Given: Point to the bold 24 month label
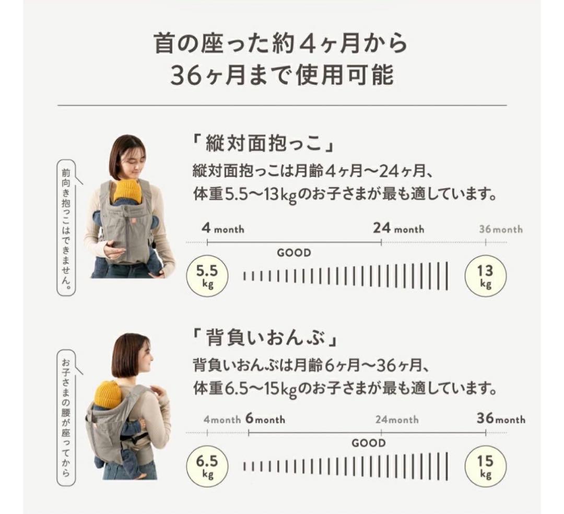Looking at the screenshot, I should pos(398,228).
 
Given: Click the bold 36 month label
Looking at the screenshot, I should pos(501,419).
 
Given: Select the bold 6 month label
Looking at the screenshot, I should pos(264,419).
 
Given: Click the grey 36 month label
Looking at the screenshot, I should pos(500,229).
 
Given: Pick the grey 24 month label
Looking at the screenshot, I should pos(397,419).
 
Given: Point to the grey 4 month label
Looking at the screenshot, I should pos(222,419).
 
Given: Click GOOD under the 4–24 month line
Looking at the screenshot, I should pos(293,253).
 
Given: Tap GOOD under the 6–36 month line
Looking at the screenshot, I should pos(368,443).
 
